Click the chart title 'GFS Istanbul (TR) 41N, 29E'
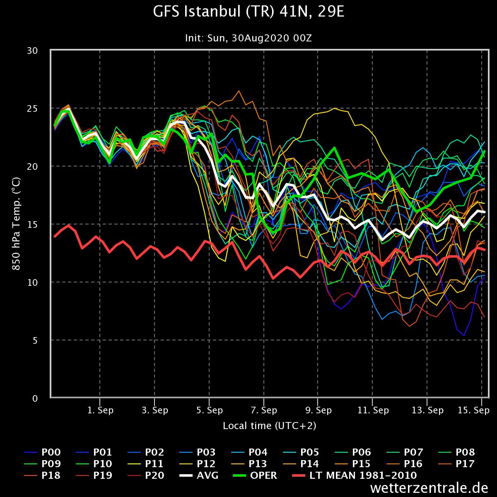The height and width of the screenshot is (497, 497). coord(248,12)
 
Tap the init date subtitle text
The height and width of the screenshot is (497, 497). coord(248,38)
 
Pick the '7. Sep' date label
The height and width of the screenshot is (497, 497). coord(264,410)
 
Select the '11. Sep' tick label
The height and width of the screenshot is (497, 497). coord(373,410)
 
